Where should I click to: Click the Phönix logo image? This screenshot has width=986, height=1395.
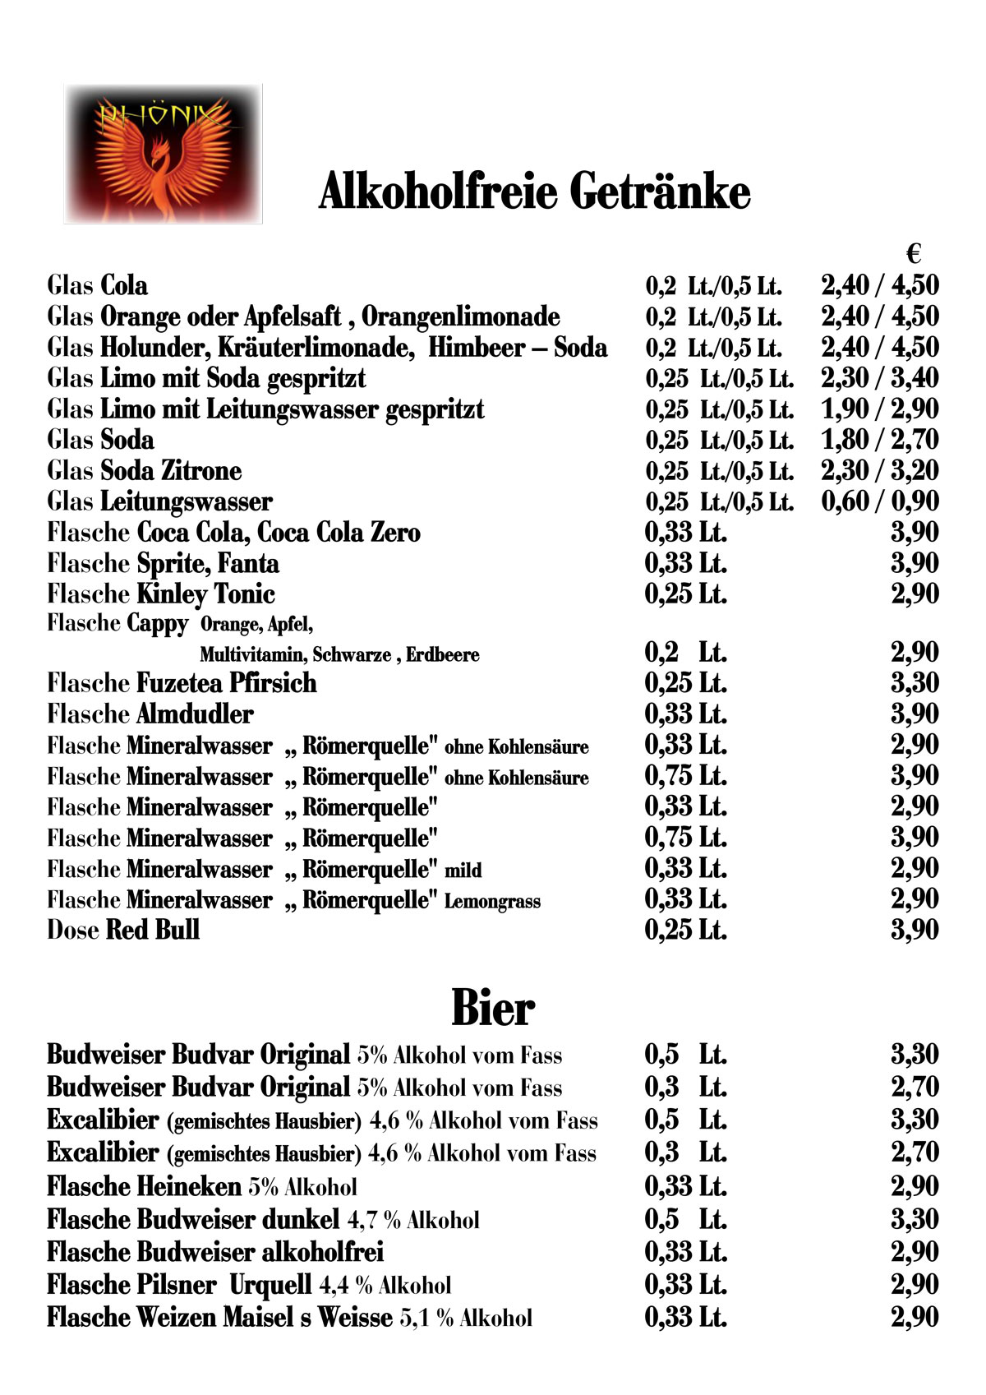[163, 154]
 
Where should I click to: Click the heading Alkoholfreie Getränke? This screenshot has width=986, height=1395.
[534, 192]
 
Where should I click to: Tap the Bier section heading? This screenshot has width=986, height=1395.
[493, 1008]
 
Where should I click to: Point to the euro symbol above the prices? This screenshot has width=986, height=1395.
[914, 253]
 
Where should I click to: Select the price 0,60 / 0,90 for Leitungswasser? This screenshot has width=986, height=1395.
[879, 501]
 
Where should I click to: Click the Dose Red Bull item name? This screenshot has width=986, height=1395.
[123, 931]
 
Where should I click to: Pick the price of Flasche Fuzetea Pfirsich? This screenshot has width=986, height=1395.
[915, 683]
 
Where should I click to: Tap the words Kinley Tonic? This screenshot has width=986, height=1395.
[205, 594]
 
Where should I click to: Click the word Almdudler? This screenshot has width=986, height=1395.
[195, 714]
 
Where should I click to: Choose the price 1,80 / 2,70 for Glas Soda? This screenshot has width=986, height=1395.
[879, 440]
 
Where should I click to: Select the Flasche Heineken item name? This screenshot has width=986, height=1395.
[144, 1187]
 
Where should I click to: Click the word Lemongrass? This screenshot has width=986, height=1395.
[492, 902]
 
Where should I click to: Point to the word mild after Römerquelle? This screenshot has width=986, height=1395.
[463, 871]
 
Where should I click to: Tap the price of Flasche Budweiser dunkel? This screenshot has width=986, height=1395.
[915, 1219]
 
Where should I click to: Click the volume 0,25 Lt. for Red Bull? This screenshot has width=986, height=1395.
[685, 931]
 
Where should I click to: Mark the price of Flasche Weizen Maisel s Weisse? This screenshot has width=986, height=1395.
[915, 1318]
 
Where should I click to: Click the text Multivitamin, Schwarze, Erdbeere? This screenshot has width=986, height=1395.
[339, 655]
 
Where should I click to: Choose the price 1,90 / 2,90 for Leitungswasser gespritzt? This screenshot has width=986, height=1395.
[879, 409]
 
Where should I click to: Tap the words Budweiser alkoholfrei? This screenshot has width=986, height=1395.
[260, 1252]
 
